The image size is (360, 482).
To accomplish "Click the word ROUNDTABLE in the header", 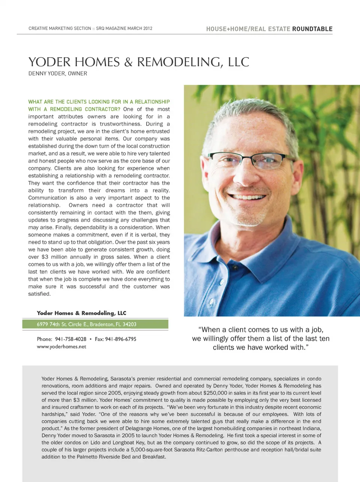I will (312, 29).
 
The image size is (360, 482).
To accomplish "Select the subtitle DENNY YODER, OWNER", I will (58, 74).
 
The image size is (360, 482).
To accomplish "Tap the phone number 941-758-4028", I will (70, 339).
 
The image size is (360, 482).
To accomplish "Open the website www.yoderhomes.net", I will (61, 346).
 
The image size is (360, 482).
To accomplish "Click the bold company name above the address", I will (81, 313).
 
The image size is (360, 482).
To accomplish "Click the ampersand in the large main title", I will (128, 62).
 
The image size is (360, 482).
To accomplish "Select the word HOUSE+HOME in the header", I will (226, 29).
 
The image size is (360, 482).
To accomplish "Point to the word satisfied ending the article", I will (39, 294).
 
